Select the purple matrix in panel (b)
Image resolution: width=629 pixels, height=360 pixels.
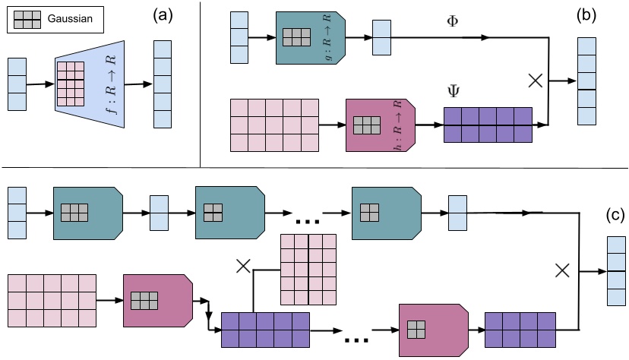click(488, 124)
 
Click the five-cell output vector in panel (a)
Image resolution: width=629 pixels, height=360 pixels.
click(163, 83)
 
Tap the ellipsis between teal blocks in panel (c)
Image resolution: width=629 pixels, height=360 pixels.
click(305, 221)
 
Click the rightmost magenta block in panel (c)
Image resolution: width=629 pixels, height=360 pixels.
click(431, 329)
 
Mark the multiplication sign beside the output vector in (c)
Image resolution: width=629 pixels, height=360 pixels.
click(562, 269)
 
